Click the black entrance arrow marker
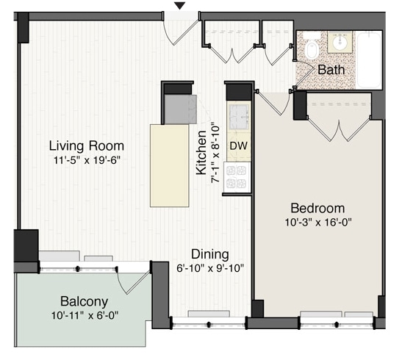coord(180,6)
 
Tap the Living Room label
coord(87,146)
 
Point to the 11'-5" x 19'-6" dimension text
coord(87,160)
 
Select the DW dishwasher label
coord(238,145)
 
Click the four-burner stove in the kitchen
coord(237,177)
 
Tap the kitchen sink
coord(239,116)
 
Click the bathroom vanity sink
coord(340,42)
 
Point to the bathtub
coord(368,60)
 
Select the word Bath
coord(331,70)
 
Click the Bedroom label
coord(317,208)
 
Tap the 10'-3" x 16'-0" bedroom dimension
coord(318,222)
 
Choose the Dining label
coord(210,254)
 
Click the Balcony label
coord(84,301)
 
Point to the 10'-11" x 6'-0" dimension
coord(85,315)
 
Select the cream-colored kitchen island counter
coord(170,165)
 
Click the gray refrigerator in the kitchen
coord(180,109)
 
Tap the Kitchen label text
coord(201,153)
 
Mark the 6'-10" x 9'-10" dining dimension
coord(210,268)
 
